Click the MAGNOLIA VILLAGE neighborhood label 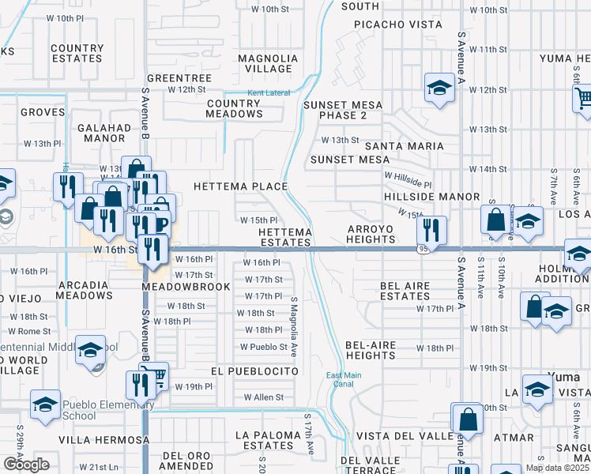(x=265, y=63)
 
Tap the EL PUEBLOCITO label (x=254, y=371)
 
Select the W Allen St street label (x=263, y=397)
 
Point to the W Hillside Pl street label (x=408, y=175)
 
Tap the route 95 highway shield (x=424, y=250)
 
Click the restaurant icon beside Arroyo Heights (x=431, y=229)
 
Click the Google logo (x=25, y=464)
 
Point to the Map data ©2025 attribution (x=557, y=468)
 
